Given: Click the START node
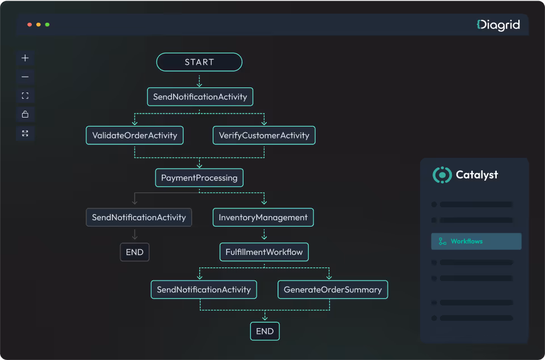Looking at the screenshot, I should click(199, 62).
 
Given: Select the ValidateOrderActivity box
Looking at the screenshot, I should click(135, 135).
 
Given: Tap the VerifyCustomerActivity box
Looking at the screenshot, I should click(264, 135).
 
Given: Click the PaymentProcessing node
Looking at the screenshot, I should click(199, 178).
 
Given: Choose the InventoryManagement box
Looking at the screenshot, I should click(263, 217).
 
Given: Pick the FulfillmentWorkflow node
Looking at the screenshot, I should click(264, 252).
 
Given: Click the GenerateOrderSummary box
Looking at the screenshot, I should click(333, 290).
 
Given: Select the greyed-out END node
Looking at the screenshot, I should click(135, 252).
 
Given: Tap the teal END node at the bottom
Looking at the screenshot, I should click(265, 331).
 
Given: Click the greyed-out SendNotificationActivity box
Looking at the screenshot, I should click(139, 217).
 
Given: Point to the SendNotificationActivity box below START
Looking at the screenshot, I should click(200, 97).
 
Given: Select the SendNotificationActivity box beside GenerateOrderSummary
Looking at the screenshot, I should click(204, 290).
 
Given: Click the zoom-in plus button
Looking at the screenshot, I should click(25, 58).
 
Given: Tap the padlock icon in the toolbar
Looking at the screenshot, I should click(25, 114).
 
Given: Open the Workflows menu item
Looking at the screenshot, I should click(476, 241).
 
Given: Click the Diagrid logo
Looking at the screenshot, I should click(498, 24).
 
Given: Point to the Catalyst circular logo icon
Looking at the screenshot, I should click(442, 175).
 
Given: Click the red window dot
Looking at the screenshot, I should click(30, 25).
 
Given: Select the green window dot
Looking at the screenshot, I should click(47, 25).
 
